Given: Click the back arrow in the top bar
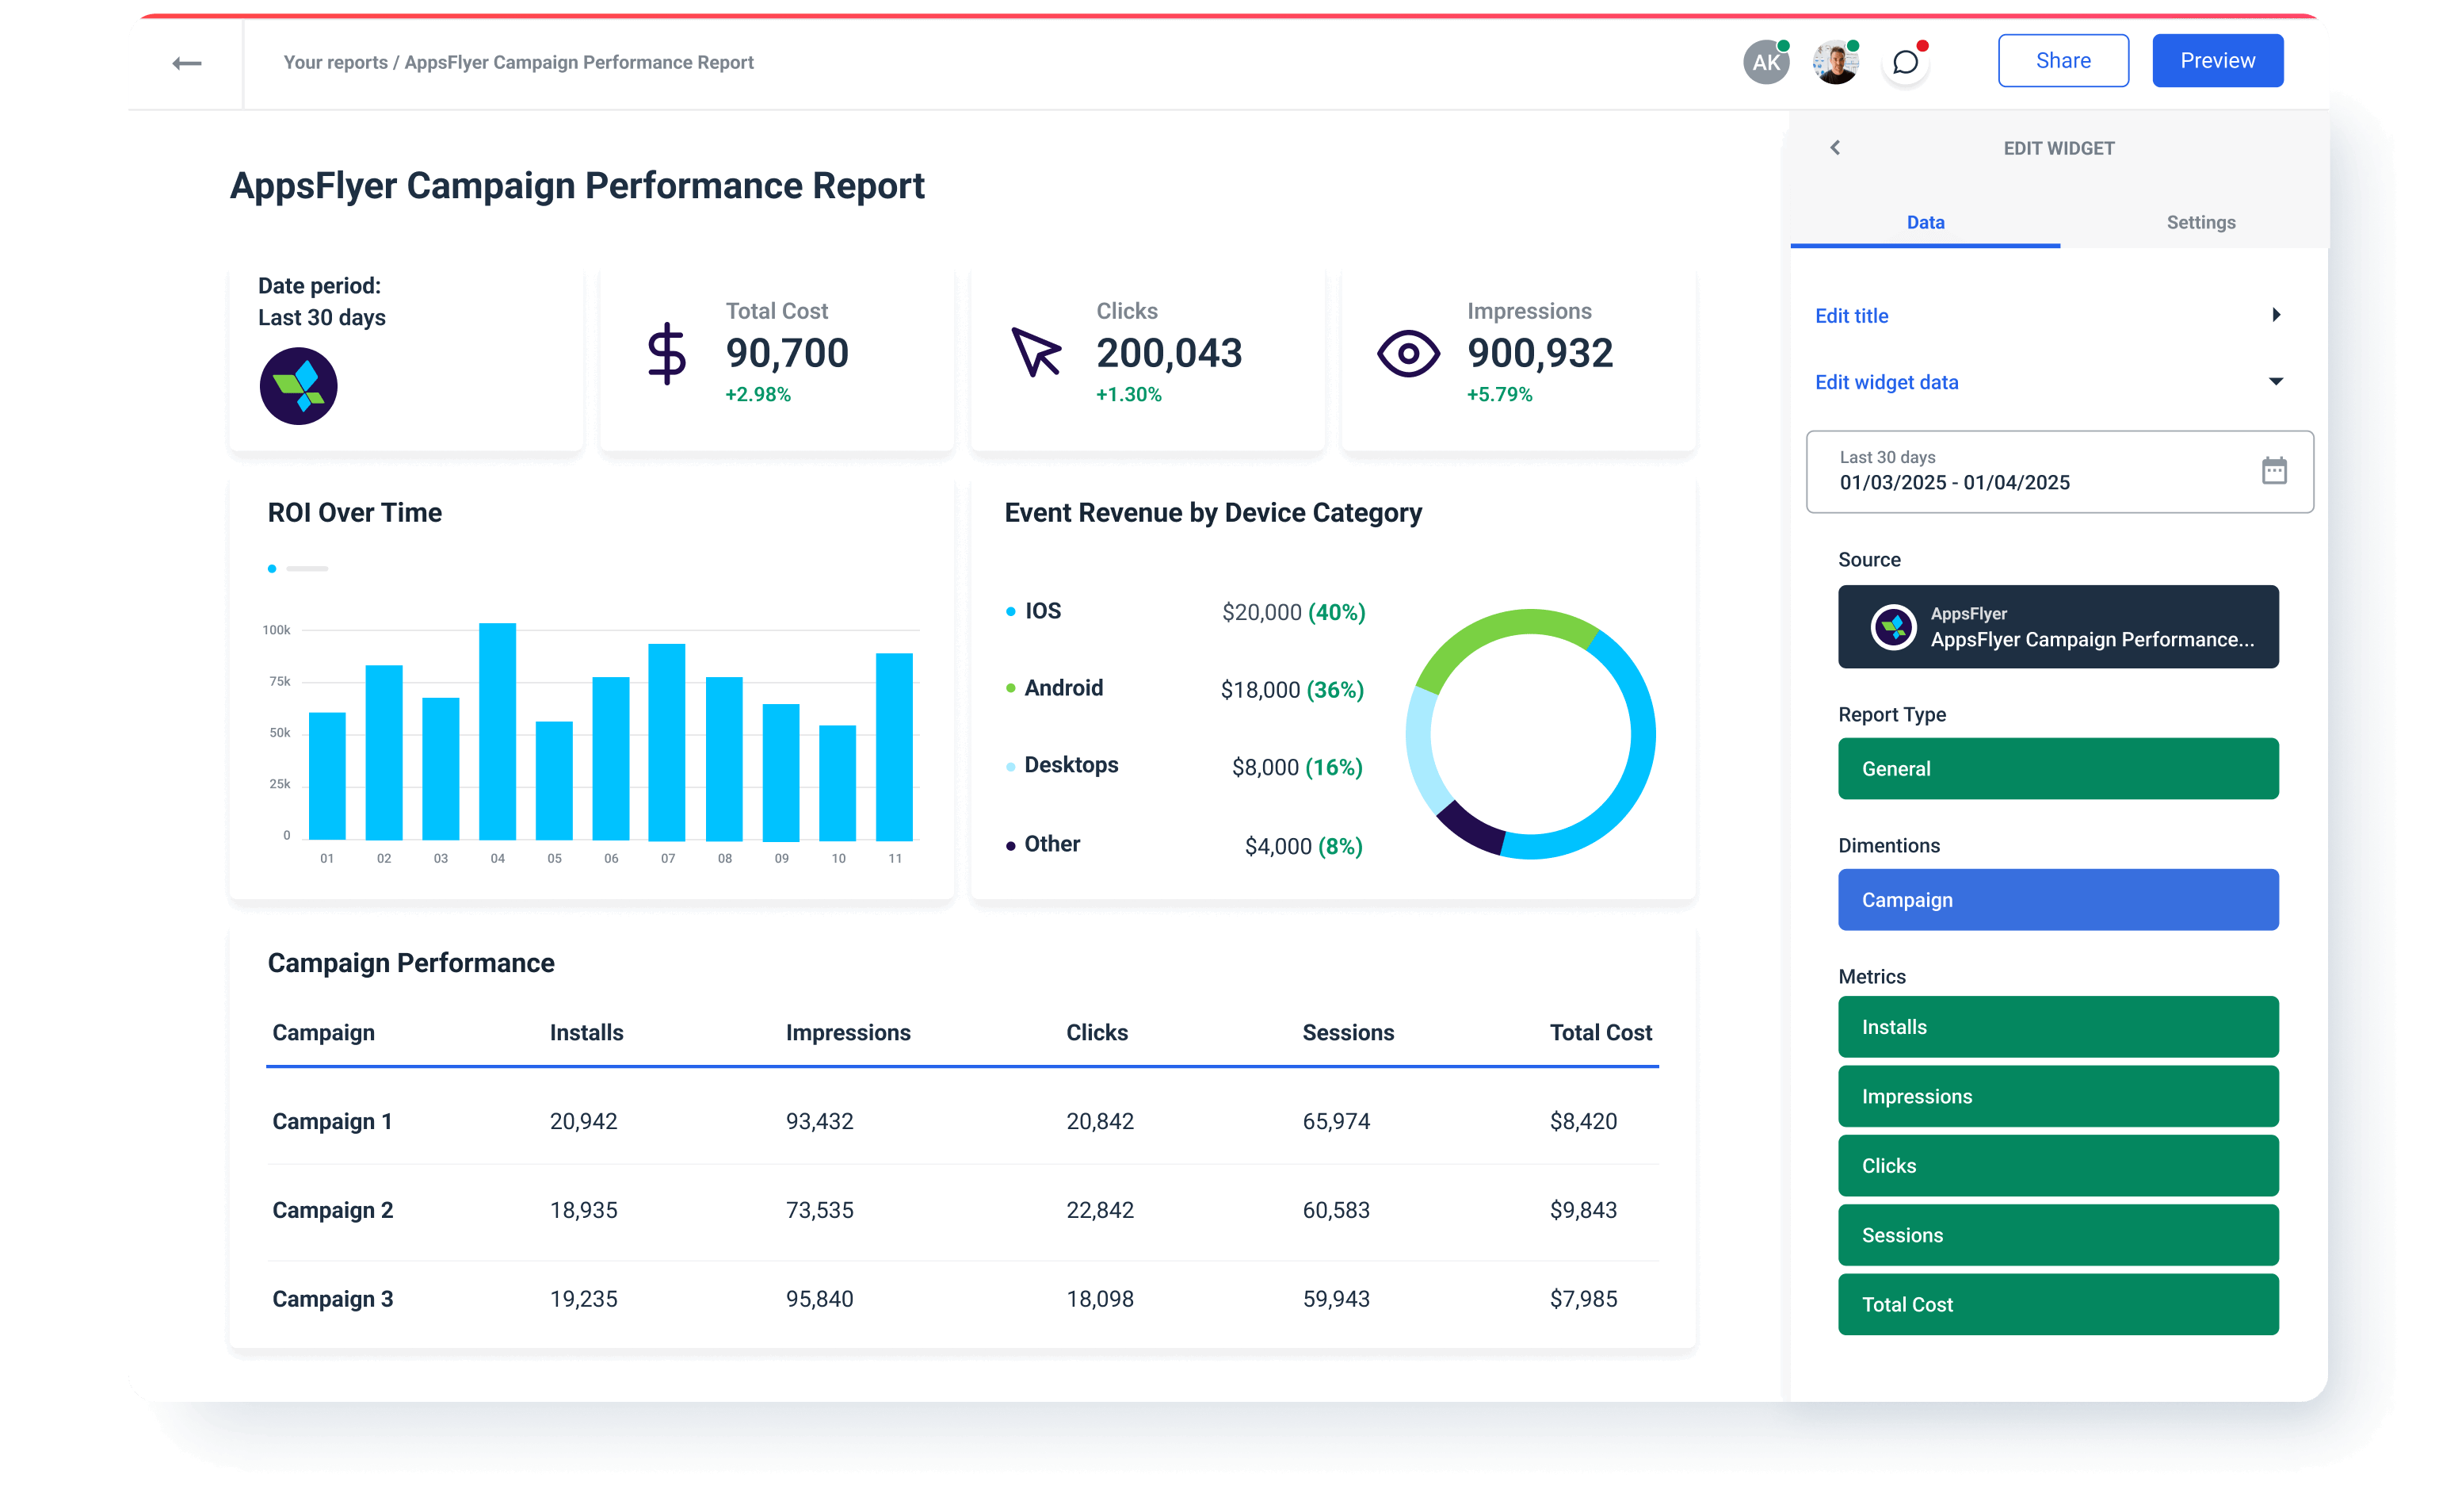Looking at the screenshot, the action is tap(186, 64).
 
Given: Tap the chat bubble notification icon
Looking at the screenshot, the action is tap(1906, 62).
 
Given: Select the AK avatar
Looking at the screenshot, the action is tap(1765, 62).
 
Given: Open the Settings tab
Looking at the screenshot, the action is tap(2200, 223).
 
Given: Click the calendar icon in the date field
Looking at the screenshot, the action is tap(2273, 470).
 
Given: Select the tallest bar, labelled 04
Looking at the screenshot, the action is tap(497, 732).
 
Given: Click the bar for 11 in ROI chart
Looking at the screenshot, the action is tap(894, 746).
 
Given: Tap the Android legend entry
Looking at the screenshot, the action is tap(1063, 687).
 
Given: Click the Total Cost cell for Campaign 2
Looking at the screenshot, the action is tap(1583, 1210).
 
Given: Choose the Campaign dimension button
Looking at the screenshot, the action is tap(2058, 899).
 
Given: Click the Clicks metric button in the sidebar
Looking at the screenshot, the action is tap(2058, 1165).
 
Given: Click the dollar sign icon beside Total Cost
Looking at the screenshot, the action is tap(666, 354).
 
